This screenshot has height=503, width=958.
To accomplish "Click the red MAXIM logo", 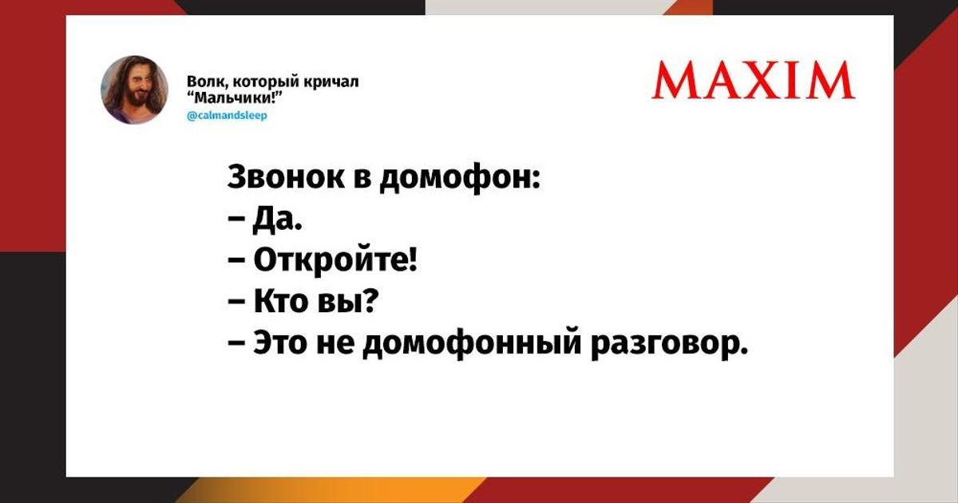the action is point(753,80).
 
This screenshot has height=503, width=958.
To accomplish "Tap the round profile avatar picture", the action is point(134,89).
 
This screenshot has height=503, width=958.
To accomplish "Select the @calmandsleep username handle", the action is point(227,116).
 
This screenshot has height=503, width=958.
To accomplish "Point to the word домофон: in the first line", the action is point(460,178).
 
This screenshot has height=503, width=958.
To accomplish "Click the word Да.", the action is point(278,220).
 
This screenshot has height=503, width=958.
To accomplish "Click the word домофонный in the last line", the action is point(472,344).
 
